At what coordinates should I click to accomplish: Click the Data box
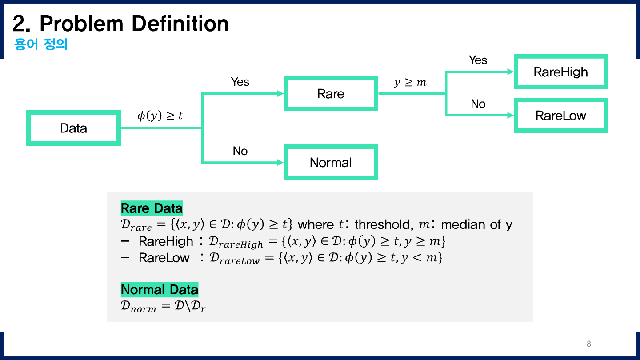coord(73,128)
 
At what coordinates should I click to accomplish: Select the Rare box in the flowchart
coord(331,94)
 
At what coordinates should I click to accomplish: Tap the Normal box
coord(331,162)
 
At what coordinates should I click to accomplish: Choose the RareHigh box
coord(560,72)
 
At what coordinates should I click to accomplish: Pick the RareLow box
coord(560,116)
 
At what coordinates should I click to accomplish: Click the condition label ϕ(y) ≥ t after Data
coord(160,116)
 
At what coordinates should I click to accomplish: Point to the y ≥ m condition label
coord(410,83)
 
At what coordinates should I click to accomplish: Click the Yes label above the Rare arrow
coord(240,82)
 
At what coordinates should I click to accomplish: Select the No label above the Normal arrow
coord(240,151)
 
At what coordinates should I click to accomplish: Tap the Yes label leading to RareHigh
coord(478,60)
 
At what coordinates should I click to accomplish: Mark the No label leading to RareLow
coord(478,104)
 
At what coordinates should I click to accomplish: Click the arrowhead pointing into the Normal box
coord(280,163)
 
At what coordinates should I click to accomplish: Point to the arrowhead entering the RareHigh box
coord(511,72)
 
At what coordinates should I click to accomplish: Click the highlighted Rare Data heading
coord(152,208)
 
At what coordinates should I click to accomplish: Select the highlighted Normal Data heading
coord(159,290)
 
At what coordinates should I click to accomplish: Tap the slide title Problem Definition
coord(120,24)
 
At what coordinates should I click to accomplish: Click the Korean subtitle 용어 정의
coord(41,45)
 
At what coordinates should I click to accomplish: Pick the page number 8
coord(589,344)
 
